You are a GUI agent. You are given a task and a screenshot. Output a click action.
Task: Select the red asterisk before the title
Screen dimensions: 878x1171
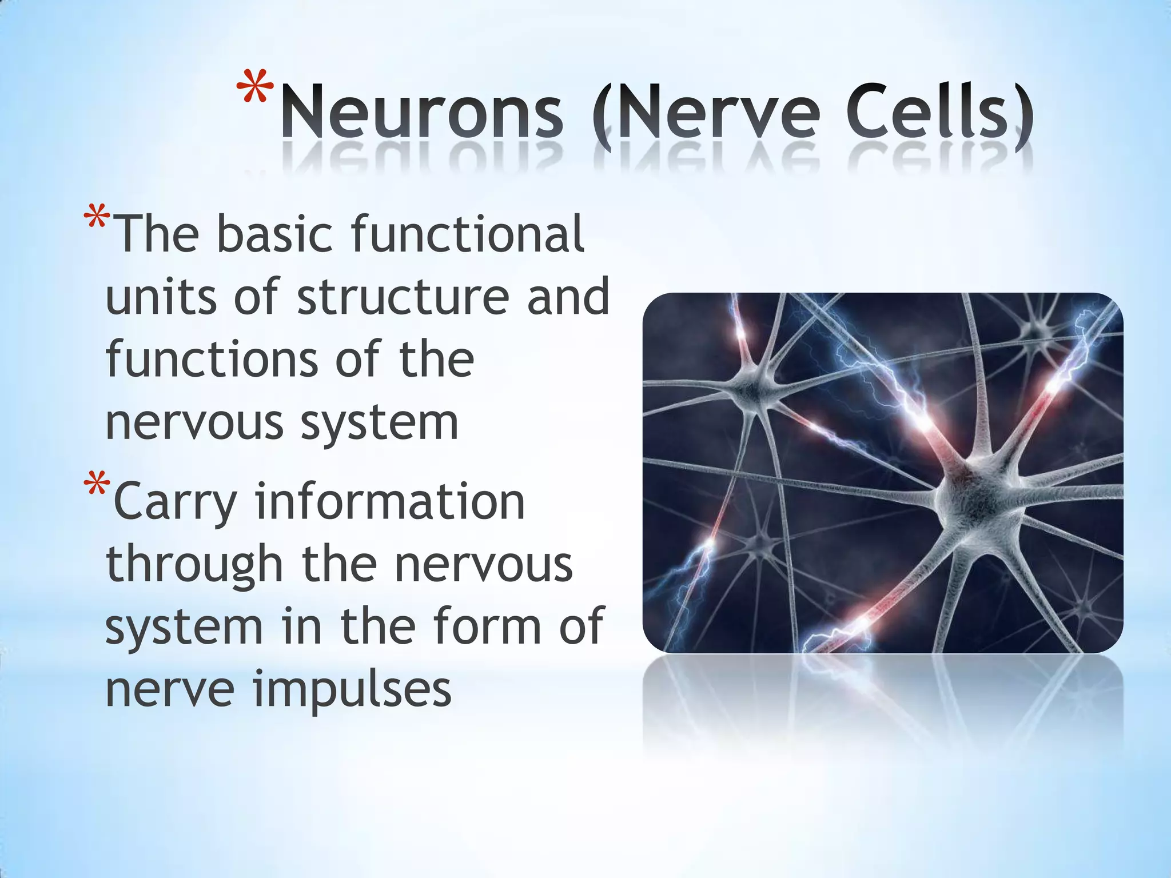coord(255,89)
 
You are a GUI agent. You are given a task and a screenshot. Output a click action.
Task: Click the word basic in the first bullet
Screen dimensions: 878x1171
coord(274,234)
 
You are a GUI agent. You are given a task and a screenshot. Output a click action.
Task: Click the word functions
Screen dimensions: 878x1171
coord(212,360)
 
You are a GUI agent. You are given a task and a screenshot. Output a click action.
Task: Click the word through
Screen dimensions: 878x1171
coord(195,566)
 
